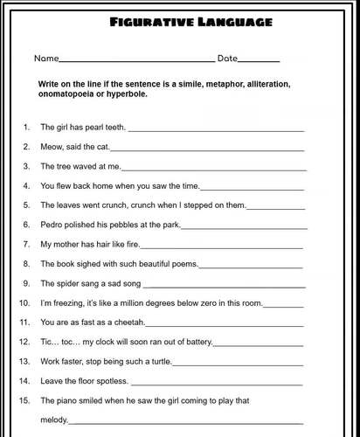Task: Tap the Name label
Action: tap(45, 59)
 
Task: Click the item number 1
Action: tap(26, 128)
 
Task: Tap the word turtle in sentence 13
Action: tap(158, 361)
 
